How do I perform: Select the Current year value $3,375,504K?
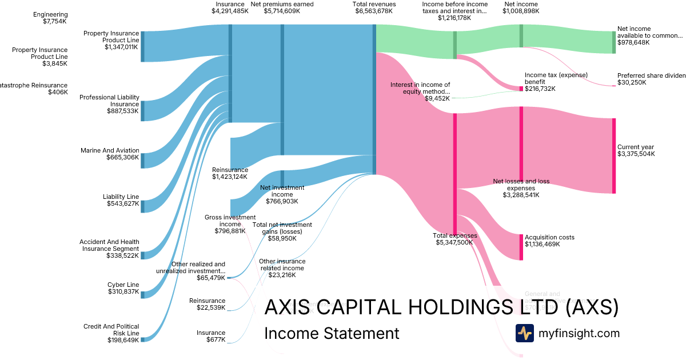tap(636, 154)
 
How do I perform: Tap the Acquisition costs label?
tap(549, 237)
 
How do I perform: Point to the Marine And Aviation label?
tap(110, 150)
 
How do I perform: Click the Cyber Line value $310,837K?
tap(123, 292)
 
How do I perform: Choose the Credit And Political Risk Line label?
tap(111, 329)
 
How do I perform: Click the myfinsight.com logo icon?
tap(524, 333)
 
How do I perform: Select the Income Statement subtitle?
tap(332, 333)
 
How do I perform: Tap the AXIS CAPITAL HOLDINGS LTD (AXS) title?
tap(441, 307)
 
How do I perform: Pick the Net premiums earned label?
tap(282, 4)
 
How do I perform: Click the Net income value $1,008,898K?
tap(521, 11)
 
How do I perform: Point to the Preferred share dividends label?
tap(651, 75)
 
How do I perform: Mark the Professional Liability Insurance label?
tap(109, 101)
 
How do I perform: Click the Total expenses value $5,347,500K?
tap(454, 242)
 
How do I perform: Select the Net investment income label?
tap(282, 191)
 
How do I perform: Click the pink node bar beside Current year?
tap(614, 155)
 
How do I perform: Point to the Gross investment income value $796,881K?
tap(230, 231)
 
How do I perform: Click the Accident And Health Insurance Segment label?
tap(109, 245)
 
